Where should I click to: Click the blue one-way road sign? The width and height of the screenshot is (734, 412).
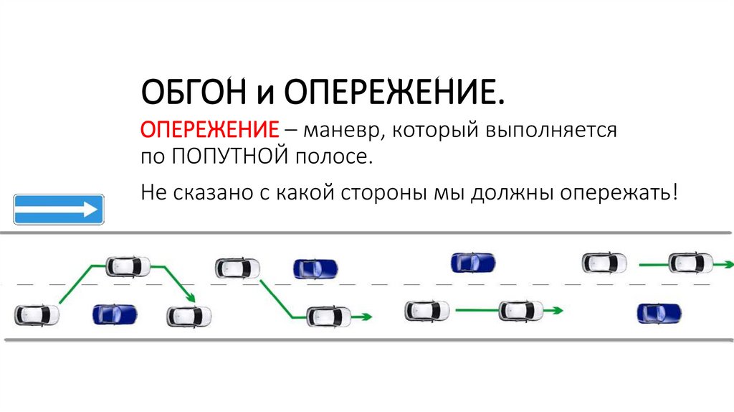point(59,210)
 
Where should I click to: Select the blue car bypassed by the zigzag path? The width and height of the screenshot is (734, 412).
point(115,314)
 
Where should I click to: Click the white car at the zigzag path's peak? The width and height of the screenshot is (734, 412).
point(128,266)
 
